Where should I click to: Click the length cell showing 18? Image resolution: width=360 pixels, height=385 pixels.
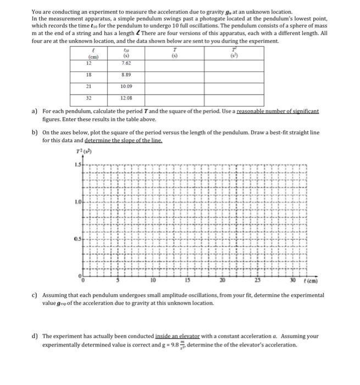87,75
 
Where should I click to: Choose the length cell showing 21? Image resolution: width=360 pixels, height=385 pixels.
87,86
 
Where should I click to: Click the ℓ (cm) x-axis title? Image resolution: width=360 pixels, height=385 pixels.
302,280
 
